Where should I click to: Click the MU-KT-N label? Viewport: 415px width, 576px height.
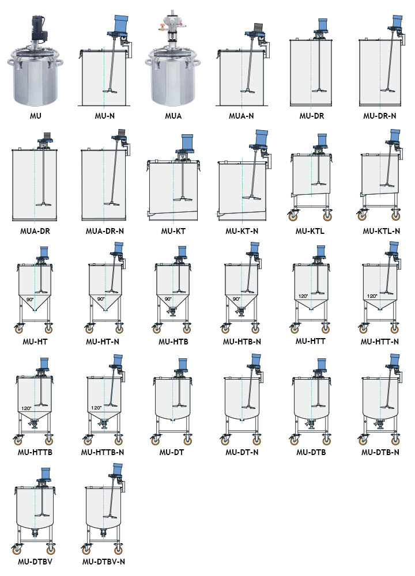click(242, 232)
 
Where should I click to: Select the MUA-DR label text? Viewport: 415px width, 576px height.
click(35, 232)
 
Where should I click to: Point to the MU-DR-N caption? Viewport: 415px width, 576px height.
click(380, 116)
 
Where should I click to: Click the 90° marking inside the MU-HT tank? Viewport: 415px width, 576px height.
click(30, 300)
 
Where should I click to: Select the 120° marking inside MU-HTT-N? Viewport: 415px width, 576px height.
click(372, 296)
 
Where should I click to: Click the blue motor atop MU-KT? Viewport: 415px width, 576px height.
click(187, 143)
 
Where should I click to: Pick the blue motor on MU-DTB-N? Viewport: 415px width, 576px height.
click(395, 361)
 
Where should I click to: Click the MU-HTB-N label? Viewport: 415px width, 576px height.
click(242, 342)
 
